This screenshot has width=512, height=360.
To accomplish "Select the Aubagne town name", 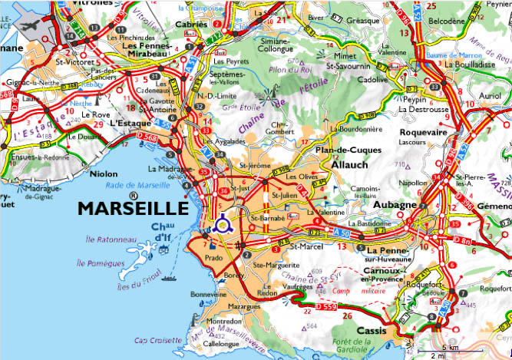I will (395, 206).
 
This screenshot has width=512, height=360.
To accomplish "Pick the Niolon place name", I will (104, 173).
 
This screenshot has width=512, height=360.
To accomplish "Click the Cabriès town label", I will (193, 24).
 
